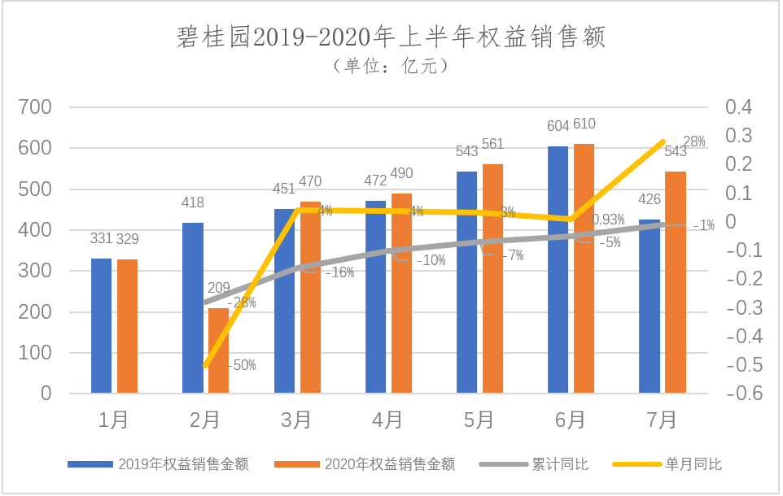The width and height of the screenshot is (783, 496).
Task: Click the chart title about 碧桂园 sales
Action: [391, 37]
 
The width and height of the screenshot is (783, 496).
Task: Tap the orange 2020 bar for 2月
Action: [218, 350]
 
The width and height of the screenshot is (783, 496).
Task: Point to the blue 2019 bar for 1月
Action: [101, 325]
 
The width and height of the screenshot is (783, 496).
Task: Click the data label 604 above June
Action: [557, 126]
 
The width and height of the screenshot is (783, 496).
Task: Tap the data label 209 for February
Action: [218, 288]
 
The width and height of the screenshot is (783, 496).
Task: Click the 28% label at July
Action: [694, 142]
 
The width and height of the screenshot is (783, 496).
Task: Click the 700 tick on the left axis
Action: [36, 107]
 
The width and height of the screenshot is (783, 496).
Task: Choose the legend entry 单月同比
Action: [693, 464]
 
